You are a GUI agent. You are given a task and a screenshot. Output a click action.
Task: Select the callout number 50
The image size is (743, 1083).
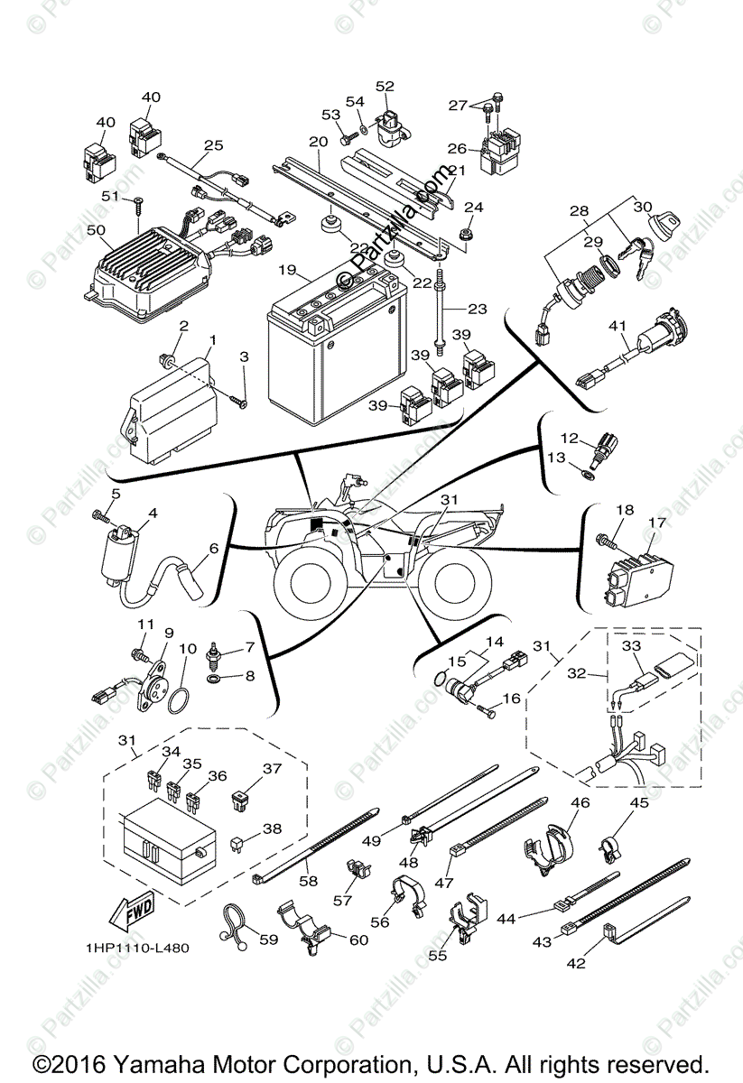[96, 231]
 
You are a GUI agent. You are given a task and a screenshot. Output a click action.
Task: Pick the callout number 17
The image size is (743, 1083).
[656, 522]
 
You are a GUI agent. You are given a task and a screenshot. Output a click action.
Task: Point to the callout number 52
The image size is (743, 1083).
[385, 87]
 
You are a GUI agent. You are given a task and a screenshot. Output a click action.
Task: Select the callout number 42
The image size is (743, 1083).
[576, 963]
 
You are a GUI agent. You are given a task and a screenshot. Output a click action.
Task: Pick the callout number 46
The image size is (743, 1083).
[580, 801]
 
